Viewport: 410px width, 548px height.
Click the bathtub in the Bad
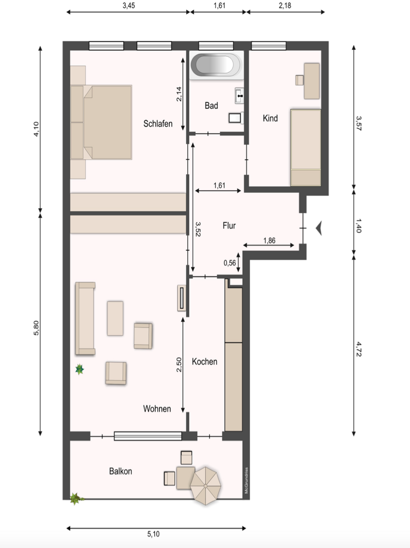(x=216, y=65)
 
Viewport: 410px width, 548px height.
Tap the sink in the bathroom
(x=239, y=96)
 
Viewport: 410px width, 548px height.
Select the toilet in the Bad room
(x=236, y=118)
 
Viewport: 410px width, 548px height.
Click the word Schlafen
(x=158, y=124)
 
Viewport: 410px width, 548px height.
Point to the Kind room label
(x=270, y=118)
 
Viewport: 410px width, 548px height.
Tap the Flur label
(x=229, y=225)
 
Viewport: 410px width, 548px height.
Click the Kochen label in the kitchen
(x=204, y=362)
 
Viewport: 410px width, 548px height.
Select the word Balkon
(x=120, y=471)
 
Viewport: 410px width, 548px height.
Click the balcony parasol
(x=205, y=486)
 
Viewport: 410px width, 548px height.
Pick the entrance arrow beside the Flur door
(x=319, y=228)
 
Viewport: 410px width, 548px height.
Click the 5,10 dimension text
(x=153, y=534)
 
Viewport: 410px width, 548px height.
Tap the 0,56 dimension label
(x=230, y=263)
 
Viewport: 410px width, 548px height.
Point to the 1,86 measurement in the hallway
(x=269, y=241)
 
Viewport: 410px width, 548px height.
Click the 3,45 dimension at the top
(x=128, y=5)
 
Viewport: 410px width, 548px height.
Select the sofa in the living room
(x=85, y=318)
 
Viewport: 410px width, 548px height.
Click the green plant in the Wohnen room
(x=79, y=369)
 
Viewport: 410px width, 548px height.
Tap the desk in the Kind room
(x=312, y=81)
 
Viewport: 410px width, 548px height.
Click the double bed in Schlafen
(x=101, y=122)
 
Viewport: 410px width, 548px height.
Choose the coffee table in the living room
(x=115, y=318)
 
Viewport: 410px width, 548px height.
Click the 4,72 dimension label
(x=358, y=349)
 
